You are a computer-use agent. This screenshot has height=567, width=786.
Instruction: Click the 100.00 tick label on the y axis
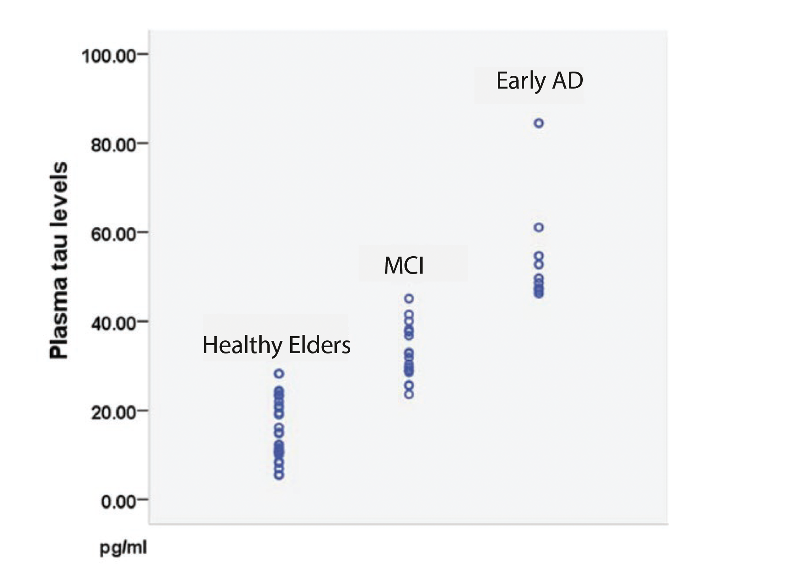click(109, 56)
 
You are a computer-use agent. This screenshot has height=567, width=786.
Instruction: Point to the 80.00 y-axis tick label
click(113, 145)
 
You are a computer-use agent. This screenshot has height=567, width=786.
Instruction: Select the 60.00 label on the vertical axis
click(113, 234)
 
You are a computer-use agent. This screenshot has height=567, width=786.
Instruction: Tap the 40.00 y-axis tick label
click(113, 323)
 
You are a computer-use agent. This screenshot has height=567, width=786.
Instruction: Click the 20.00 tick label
click(113, 413)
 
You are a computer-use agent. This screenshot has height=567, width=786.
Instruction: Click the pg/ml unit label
click(123, 548)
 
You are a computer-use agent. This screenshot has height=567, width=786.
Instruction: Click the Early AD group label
click(539, 81)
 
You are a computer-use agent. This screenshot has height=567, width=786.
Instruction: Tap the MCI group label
click(404, 265)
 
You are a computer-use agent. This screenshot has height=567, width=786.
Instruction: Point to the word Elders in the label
click(319, 345)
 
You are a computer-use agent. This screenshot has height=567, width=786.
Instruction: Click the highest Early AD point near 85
click(538, 123)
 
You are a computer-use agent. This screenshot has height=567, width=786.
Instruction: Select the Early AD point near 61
click(538, 227)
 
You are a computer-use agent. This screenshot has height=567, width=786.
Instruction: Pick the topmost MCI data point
click(409, 299)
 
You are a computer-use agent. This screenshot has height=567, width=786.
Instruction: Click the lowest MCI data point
click(409, 394)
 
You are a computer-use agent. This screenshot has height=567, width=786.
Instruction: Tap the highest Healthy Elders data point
click(279, 373)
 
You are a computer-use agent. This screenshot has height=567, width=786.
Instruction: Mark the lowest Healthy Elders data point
click(279, 476)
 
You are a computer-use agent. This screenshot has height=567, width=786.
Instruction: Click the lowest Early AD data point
click(538, 294)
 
